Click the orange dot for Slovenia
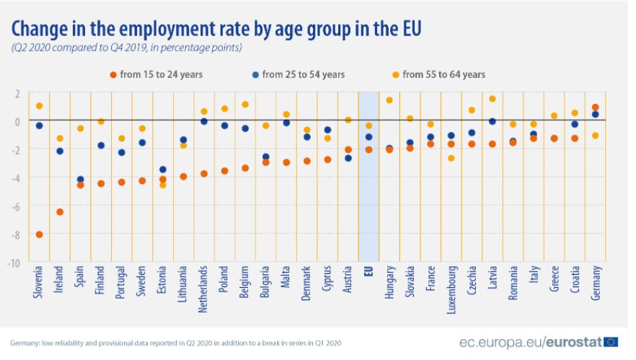coord(39,234)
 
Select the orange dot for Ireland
coord(60,211)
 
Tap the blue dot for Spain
coord(80,179)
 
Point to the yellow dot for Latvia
coord(493,99)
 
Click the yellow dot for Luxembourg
coord(451,158)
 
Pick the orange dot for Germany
coord(596,107)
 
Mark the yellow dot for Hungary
coord(389,100)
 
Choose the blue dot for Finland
coord(101,145)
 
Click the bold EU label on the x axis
coord(368,276)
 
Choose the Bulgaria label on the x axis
coord(266,284)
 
